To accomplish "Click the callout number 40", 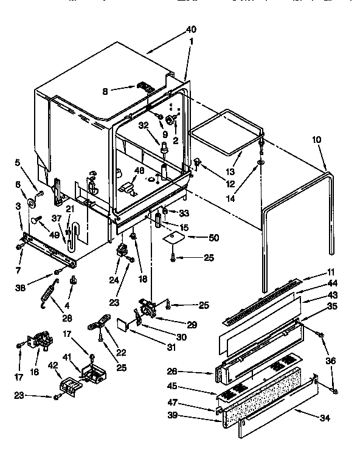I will (x=192, y=29).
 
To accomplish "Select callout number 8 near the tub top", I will (x=105, y=92).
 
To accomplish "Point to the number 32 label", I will (x=144, y=126).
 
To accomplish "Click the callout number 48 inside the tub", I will (x=139, y=170).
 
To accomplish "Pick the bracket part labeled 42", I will (x=67, y=386).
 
